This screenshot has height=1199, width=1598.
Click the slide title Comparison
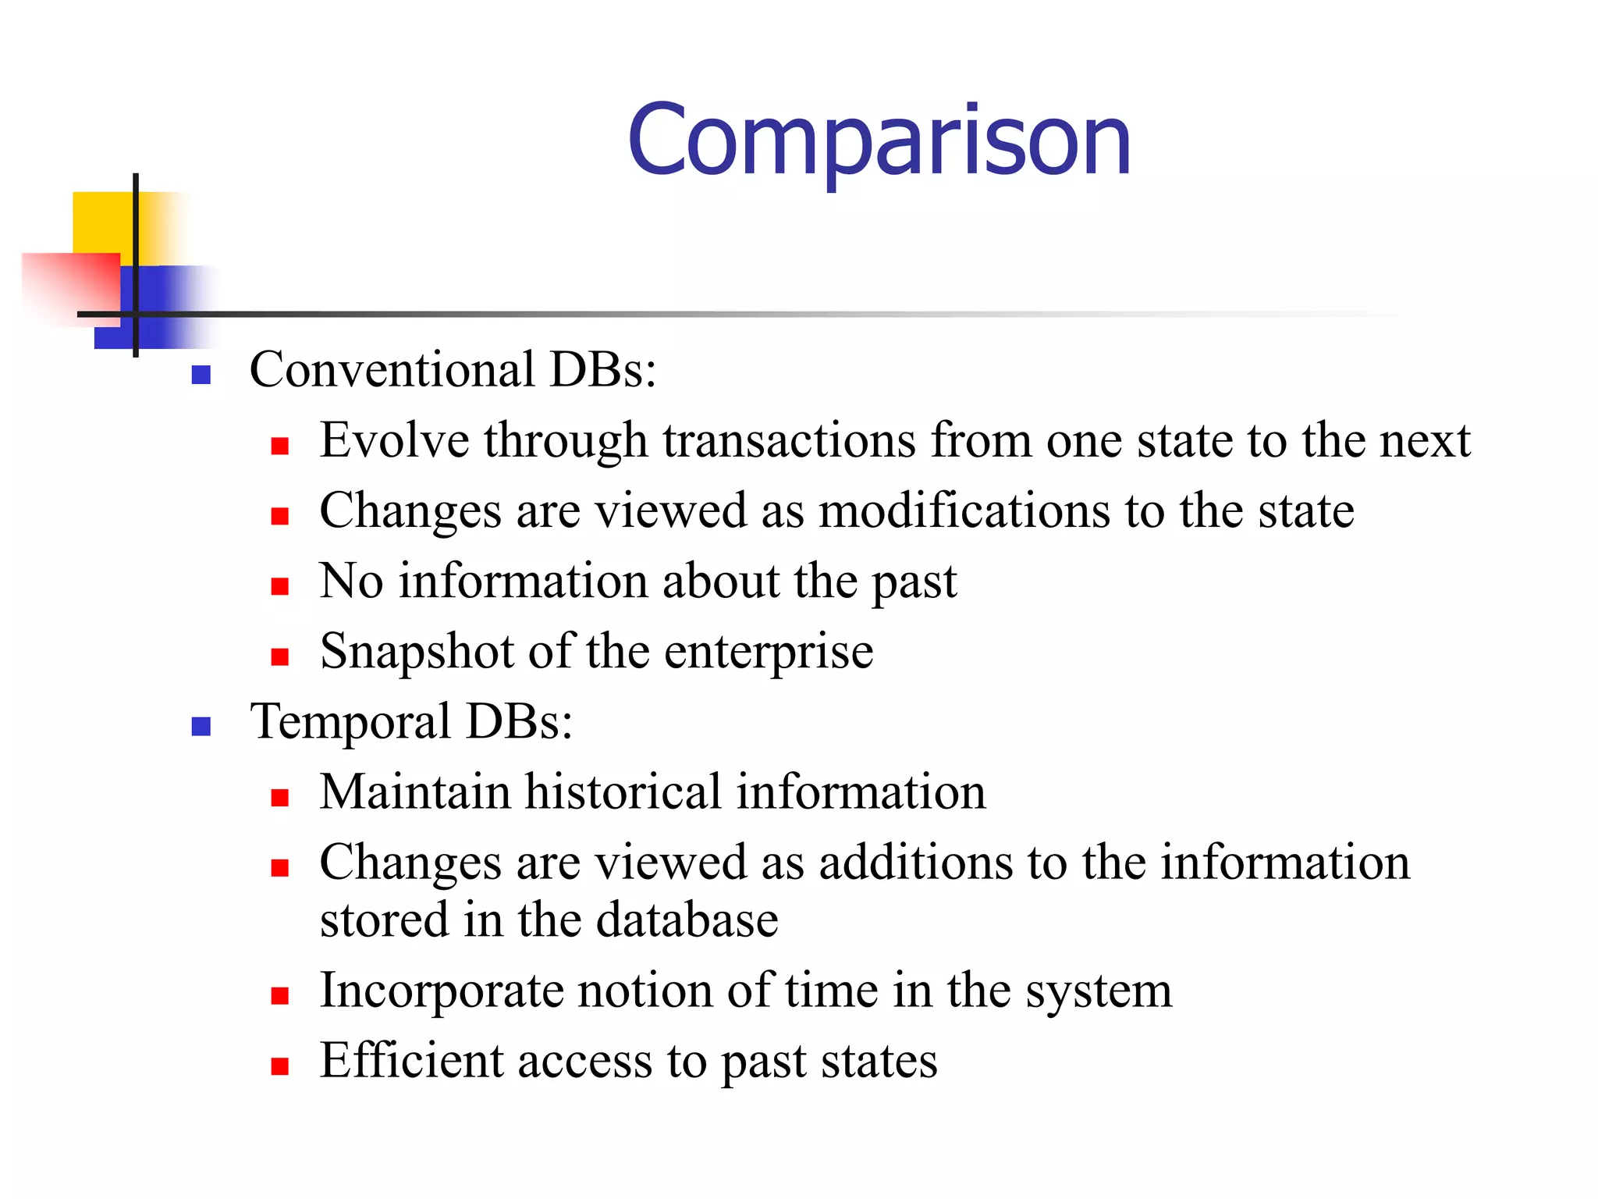(879, 141)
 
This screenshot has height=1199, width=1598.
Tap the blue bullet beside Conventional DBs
(201, 375)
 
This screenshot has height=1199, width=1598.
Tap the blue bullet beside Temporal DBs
(201, 727)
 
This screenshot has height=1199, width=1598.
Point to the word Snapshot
(417, 653)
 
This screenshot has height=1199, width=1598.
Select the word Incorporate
(441, 991)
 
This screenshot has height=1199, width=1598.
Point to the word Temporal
(350, 721)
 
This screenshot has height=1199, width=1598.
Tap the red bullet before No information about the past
(280, 586)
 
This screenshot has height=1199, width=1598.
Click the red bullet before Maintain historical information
(280, 797)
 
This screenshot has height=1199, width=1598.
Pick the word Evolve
(394, 440)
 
